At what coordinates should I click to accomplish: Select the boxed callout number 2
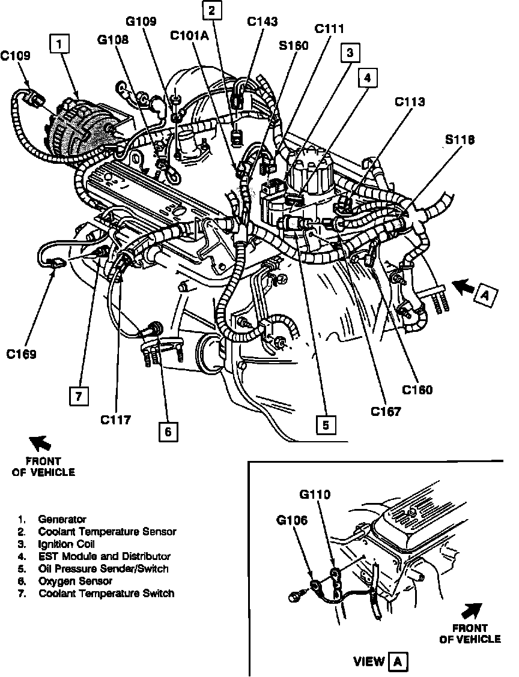click(211, 10)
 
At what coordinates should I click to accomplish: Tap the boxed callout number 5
click(325, 425)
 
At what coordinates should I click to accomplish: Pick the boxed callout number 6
click(168, 431)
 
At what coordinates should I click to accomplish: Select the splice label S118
click(460, 140)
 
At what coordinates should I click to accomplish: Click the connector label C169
click(22, 354)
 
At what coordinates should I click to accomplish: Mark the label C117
click(115, 420)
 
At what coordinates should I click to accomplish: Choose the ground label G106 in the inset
click(293, 520)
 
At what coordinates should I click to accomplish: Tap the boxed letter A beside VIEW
click(396, 661)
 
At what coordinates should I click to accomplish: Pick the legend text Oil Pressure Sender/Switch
click(103, 568)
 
